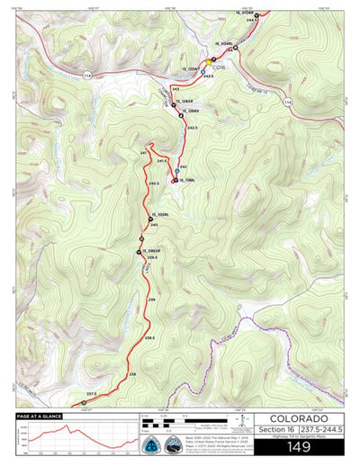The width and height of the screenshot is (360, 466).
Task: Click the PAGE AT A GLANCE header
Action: pyautogui.click(x=39, y=416)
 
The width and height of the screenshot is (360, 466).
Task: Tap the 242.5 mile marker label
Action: pyautogui.click(x=192, y=129)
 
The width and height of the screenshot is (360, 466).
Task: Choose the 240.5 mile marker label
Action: pyautogui.click(x=154, y=184)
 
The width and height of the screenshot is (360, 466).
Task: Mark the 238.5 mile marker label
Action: pyautogui.click(x=149, y=337)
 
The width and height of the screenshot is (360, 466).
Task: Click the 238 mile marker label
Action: pyautogui.click(x=132, y=373)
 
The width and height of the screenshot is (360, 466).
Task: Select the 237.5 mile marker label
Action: pyautogui.click(x=91, y=393)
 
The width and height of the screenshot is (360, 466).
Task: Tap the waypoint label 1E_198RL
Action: pyautogui.click(x=188, y=181)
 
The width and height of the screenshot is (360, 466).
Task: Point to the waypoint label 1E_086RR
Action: pyautogui.click(x=154, y=249)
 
